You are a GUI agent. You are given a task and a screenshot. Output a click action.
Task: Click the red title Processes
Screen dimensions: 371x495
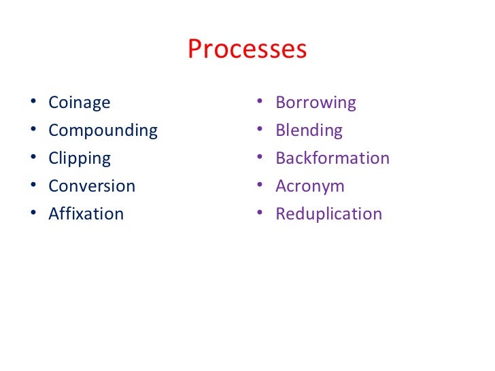(247, 50)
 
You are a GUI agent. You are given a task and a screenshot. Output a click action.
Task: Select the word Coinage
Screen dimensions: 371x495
(79, 103)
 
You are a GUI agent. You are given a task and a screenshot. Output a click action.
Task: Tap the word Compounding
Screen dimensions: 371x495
(103, 130)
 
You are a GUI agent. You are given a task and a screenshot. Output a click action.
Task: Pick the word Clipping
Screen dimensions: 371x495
(80, 158)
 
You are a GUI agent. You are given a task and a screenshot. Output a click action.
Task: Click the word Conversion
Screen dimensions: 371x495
(92, 185)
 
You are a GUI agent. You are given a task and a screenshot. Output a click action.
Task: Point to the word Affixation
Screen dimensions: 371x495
(86, 213)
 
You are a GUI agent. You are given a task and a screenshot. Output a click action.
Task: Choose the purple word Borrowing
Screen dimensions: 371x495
(315, 103)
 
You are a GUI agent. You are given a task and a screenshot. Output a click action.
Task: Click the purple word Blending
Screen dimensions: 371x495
(309, 130)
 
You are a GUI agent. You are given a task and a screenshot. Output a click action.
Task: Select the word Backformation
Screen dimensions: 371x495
(332, 158)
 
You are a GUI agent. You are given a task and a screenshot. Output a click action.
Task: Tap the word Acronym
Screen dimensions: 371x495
(310, 186)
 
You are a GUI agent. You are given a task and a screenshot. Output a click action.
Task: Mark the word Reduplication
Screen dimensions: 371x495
(328, 213)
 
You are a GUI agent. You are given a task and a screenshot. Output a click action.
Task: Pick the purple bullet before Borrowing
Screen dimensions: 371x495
(260, 103)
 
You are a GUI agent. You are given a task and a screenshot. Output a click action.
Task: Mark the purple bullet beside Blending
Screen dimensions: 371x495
(260, 131)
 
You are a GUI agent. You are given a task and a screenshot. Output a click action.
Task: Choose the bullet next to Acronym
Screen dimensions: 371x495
(260, 187)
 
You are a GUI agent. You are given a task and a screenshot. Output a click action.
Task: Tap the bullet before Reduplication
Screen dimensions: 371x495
(260, 215)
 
